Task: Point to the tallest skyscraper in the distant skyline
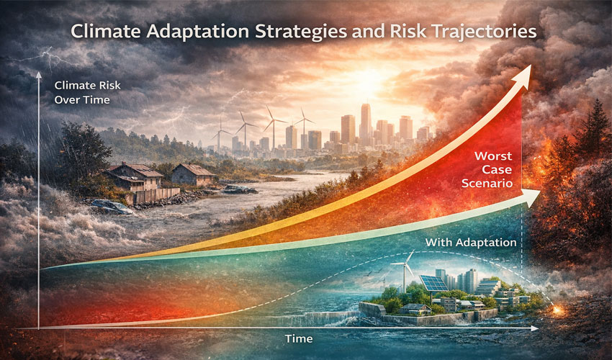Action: click(x=365, y=122)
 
